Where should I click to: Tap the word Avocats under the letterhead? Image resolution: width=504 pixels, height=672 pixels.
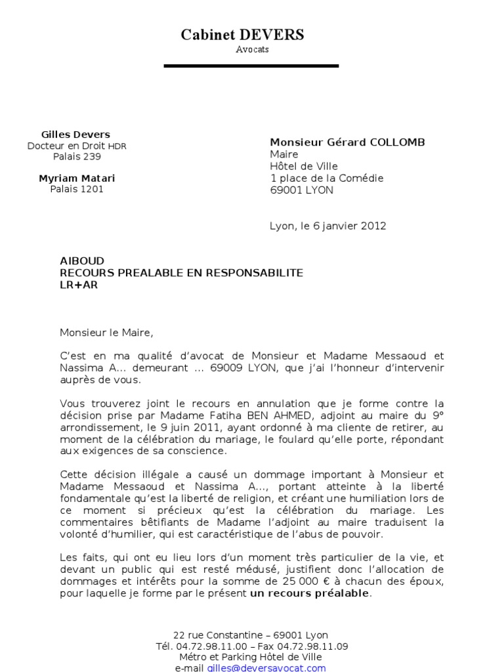[x=252, y=50]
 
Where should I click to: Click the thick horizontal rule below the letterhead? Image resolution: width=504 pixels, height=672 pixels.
[x=251, y=66]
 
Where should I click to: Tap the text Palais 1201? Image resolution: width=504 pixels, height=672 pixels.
[x=77, y=189]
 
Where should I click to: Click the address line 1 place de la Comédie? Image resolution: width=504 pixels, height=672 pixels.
[x=327, y=178]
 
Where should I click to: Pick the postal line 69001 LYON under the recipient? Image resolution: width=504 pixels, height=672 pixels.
[x=302, y=190]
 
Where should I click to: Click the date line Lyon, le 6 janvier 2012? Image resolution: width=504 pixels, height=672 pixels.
[x=328, y=226]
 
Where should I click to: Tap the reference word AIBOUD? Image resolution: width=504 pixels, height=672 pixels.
[x=82, y=261]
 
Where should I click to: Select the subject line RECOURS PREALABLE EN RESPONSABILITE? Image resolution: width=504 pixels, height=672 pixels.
[x=182, y=273]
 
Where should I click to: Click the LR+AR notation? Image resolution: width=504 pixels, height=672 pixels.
[x=79, y=285]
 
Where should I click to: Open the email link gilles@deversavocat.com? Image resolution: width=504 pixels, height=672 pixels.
[x=266, y=667]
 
